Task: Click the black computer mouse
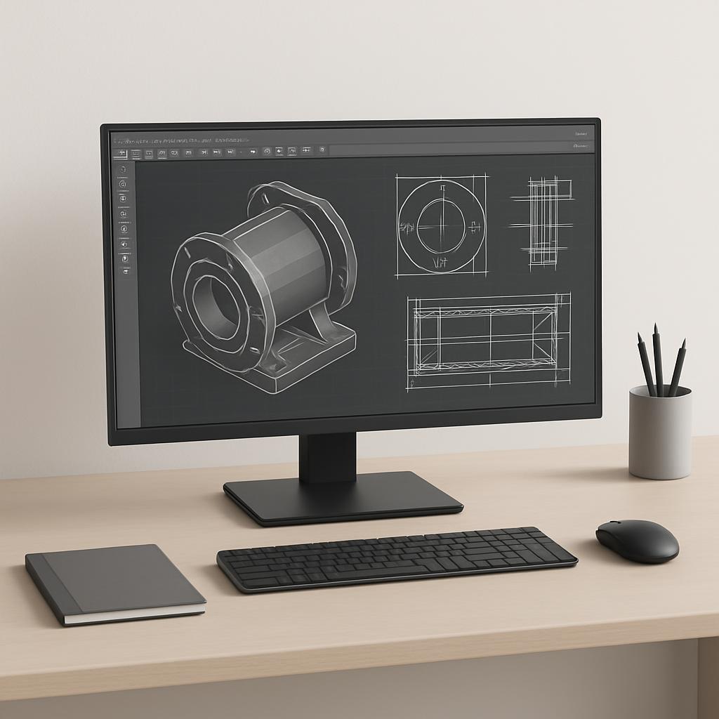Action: [x=637, y=540]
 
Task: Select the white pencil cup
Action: [x=659, y=433]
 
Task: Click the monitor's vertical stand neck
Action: [x=327, y=457]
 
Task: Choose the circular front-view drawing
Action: [x=441, y=225]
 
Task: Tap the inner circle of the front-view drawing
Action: [x=441, y=225]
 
